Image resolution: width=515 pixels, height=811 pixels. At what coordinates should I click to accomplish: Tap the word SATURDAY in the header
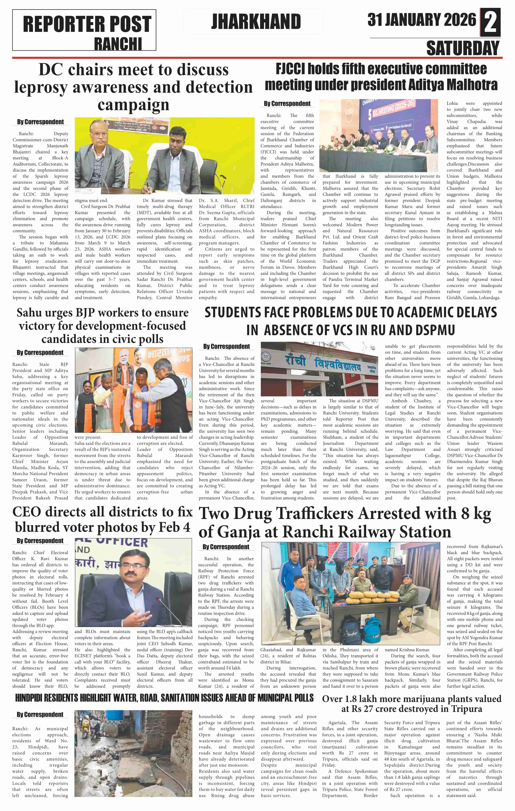pyautogui.click(x=463, y=48)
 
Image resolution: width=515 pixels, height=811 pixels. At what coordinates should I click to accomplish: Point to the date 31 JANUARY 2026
pyautogui.click(x=422, y=20)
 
